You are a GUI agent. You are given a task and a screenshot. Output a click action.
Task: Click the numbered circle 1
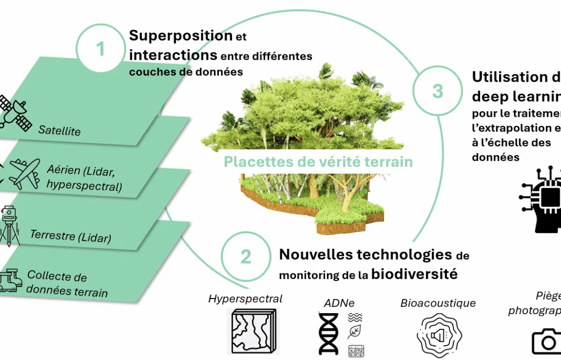pyautogui.click(x=101, y=49)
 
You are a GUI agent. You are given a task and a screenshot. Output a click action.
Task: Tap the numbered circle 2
pyautogui.click(x=246, y=256)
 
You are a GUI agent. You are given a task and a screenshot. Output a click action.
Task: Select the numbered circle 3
pyautogui.click(x=437, y=91)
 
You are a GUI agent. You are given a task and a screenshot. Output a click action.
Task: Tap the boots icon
pyautogui.click(x=11, y=280)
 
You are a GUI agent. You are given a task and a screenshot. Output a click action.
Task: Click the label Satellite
pyautogui.click(x=59, y=130)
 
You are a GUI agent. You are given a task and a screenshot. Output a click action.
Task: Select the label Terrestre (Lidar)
pyautogui.click(x=70, y=236)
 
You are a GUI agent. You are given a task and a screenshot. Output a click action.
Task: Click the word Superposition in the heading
pyautogui.click(x=181, y=35)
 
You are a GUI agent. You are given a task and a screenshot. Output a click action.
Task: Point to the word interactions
pyautogui.click(x=173, y=54)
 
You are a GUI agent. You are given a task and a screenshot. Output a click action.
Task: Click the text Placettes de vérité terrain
pyautogui.click(x=318, y=162)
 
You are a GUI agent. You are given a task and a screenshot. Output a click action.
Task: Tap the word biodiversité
pyautogui.click(x=415, y=274)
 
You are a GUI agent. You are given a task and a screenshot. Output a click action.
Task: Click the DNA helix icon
pyautogui.click(x=329, y=333)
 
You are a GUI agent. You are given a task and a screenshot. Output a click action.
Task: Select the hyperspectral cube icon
pyautogui.click(x=253, y=331)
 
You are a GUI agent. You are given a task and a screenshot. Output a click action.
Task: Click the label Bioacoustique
pyautogui.click(x=438, y=303)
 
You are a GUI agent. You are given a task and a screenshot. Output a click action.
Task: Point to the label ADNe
pyautogui.click(x=339, y=303)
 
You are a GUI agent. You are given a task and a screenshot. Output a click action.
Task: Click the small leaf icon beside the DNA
pyautogui.click(x=355, y=332)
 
